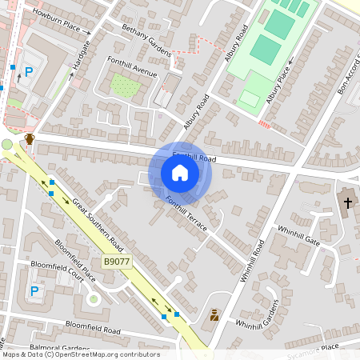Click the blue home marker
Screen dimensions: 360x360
[180, 173]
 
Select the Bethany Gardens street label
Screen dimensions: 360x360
[146, 40]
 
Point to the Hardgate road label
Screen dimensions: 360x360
[78, 61]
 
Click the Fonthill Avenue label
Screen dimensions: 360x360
[133, 67]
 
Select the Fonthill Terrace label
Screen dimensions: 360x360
[186, 214]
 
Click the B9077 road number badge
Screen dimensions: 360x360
[118, 262]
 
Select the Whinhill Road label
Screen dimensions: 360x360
[252, 260]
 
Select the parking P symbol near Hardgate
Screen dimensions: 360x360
[29, 72]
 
